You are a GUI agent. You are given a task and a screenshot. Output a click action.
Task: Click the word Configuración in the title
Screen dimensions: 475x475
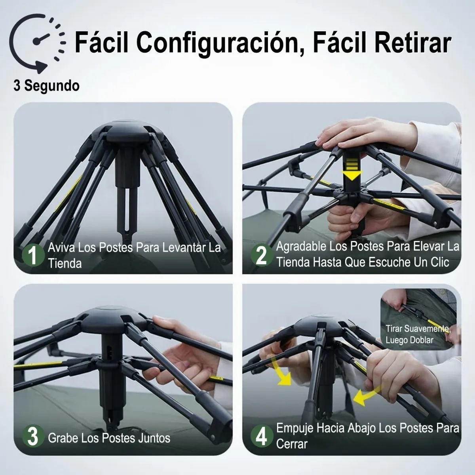click(x=217, y=43)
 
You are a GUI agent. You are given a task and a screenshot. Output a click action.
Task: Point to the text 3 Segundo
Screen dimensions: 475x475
click(x=46, y=86)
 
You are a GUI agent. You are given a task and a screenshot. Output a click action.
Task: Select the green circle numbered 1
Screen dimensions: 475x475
click(x=33, y=255)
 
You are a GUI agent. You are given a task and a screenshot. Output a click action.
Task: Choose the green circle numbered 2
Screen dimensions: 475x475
click(x=262, y=255)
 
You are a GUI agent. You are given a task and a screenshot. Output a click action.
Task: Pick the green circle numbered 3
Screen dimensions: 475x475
click(x=33, y=437)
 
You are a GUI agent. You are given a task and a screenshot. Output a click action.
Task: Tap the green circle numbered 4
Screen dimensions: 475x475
click(x=262, y=437)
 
